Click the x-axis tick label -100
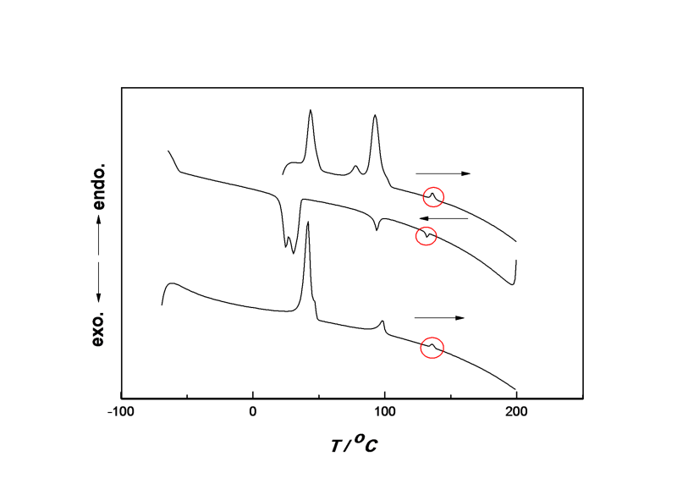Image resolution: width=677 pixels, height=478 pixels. coord(120,411)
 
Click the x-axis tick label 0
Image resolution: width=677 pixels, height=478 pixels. coord(252,411)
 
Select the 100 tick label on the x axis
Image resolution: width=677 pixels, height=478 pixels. coord(384,411)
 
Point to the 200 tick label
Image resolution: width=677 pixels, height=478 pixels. coord(516,411)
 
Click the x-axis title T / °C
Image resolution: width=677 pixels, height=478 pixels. coord(354,444)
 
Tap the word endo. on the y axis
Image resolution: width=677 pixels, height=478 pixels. coord(99,186)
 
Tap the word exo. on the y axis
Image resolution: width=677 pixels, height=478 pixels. coord(99,328)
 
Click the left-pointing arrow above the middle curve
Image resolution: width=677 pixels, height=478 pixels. coord(443,218)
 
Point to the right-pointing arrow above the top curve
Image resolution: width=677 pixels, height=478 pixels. coord(443,173)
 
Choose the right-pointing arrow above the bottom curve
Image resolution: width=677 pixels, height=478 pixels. coord(439,318)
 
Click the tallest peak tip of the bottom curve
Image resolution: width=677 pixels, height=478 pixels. coord(307,222)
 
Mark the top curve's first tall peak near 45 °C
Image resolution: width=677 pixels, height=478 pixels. coord(311,110)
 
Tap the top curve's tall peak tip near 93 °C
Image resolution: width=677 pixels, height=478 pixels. coord(375,115)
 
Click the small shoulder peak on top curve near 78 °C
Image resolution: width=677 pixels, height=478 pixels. coord(355,166)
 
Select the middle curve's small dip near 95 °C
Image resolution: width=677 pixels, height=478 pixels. coord(377,230)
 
